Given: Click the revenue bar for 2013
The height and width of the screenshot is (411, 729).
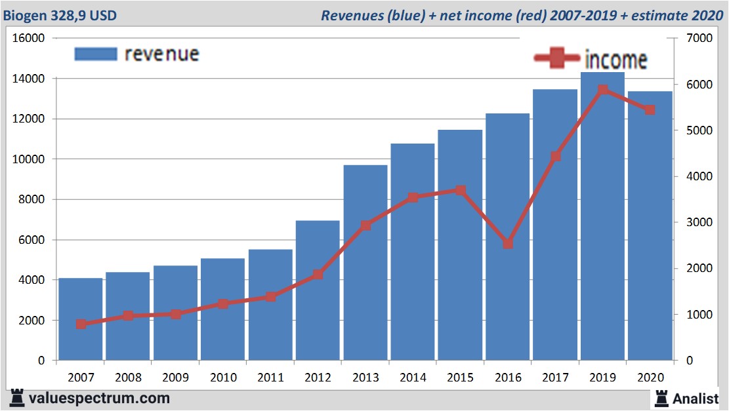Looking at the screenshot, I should click(365, 262).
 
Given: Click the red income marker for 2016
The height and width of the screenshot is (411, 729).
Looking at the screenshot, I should click(508, 244).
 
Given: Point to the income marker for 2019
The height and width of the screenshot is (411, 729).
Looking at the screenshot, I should click(602, 90).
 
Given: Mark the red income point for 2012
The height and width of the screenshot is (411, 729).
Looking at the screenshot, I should click(318, 274).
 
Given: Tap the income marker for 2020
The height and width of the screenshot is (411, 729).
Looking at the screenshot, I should click(650, 110).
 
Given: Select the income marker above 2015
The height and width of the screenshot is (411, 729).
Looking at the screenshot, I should click(460, 191).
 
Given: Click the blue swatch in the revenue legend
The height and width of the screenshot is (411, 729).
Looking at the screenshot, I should click(96, 54).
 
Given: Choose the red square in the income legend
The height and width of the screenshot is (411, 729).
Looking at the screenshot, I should click(557, 59).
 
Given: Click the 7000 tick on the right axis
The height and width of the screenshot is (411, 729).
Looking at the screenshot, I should click(698, 38).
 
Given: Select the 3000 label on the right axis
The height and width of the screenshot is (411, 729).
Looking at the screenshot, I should click(698, 222).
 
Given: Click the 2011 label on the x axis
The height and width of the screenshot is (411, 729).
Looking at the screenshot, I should click(270, 378).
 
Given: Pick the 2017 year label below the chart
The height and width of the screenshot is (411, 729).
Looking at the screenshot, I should click(555, 378).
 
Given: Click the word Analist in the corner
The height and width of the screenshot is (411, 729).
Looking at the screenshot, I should click(697, 398).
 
